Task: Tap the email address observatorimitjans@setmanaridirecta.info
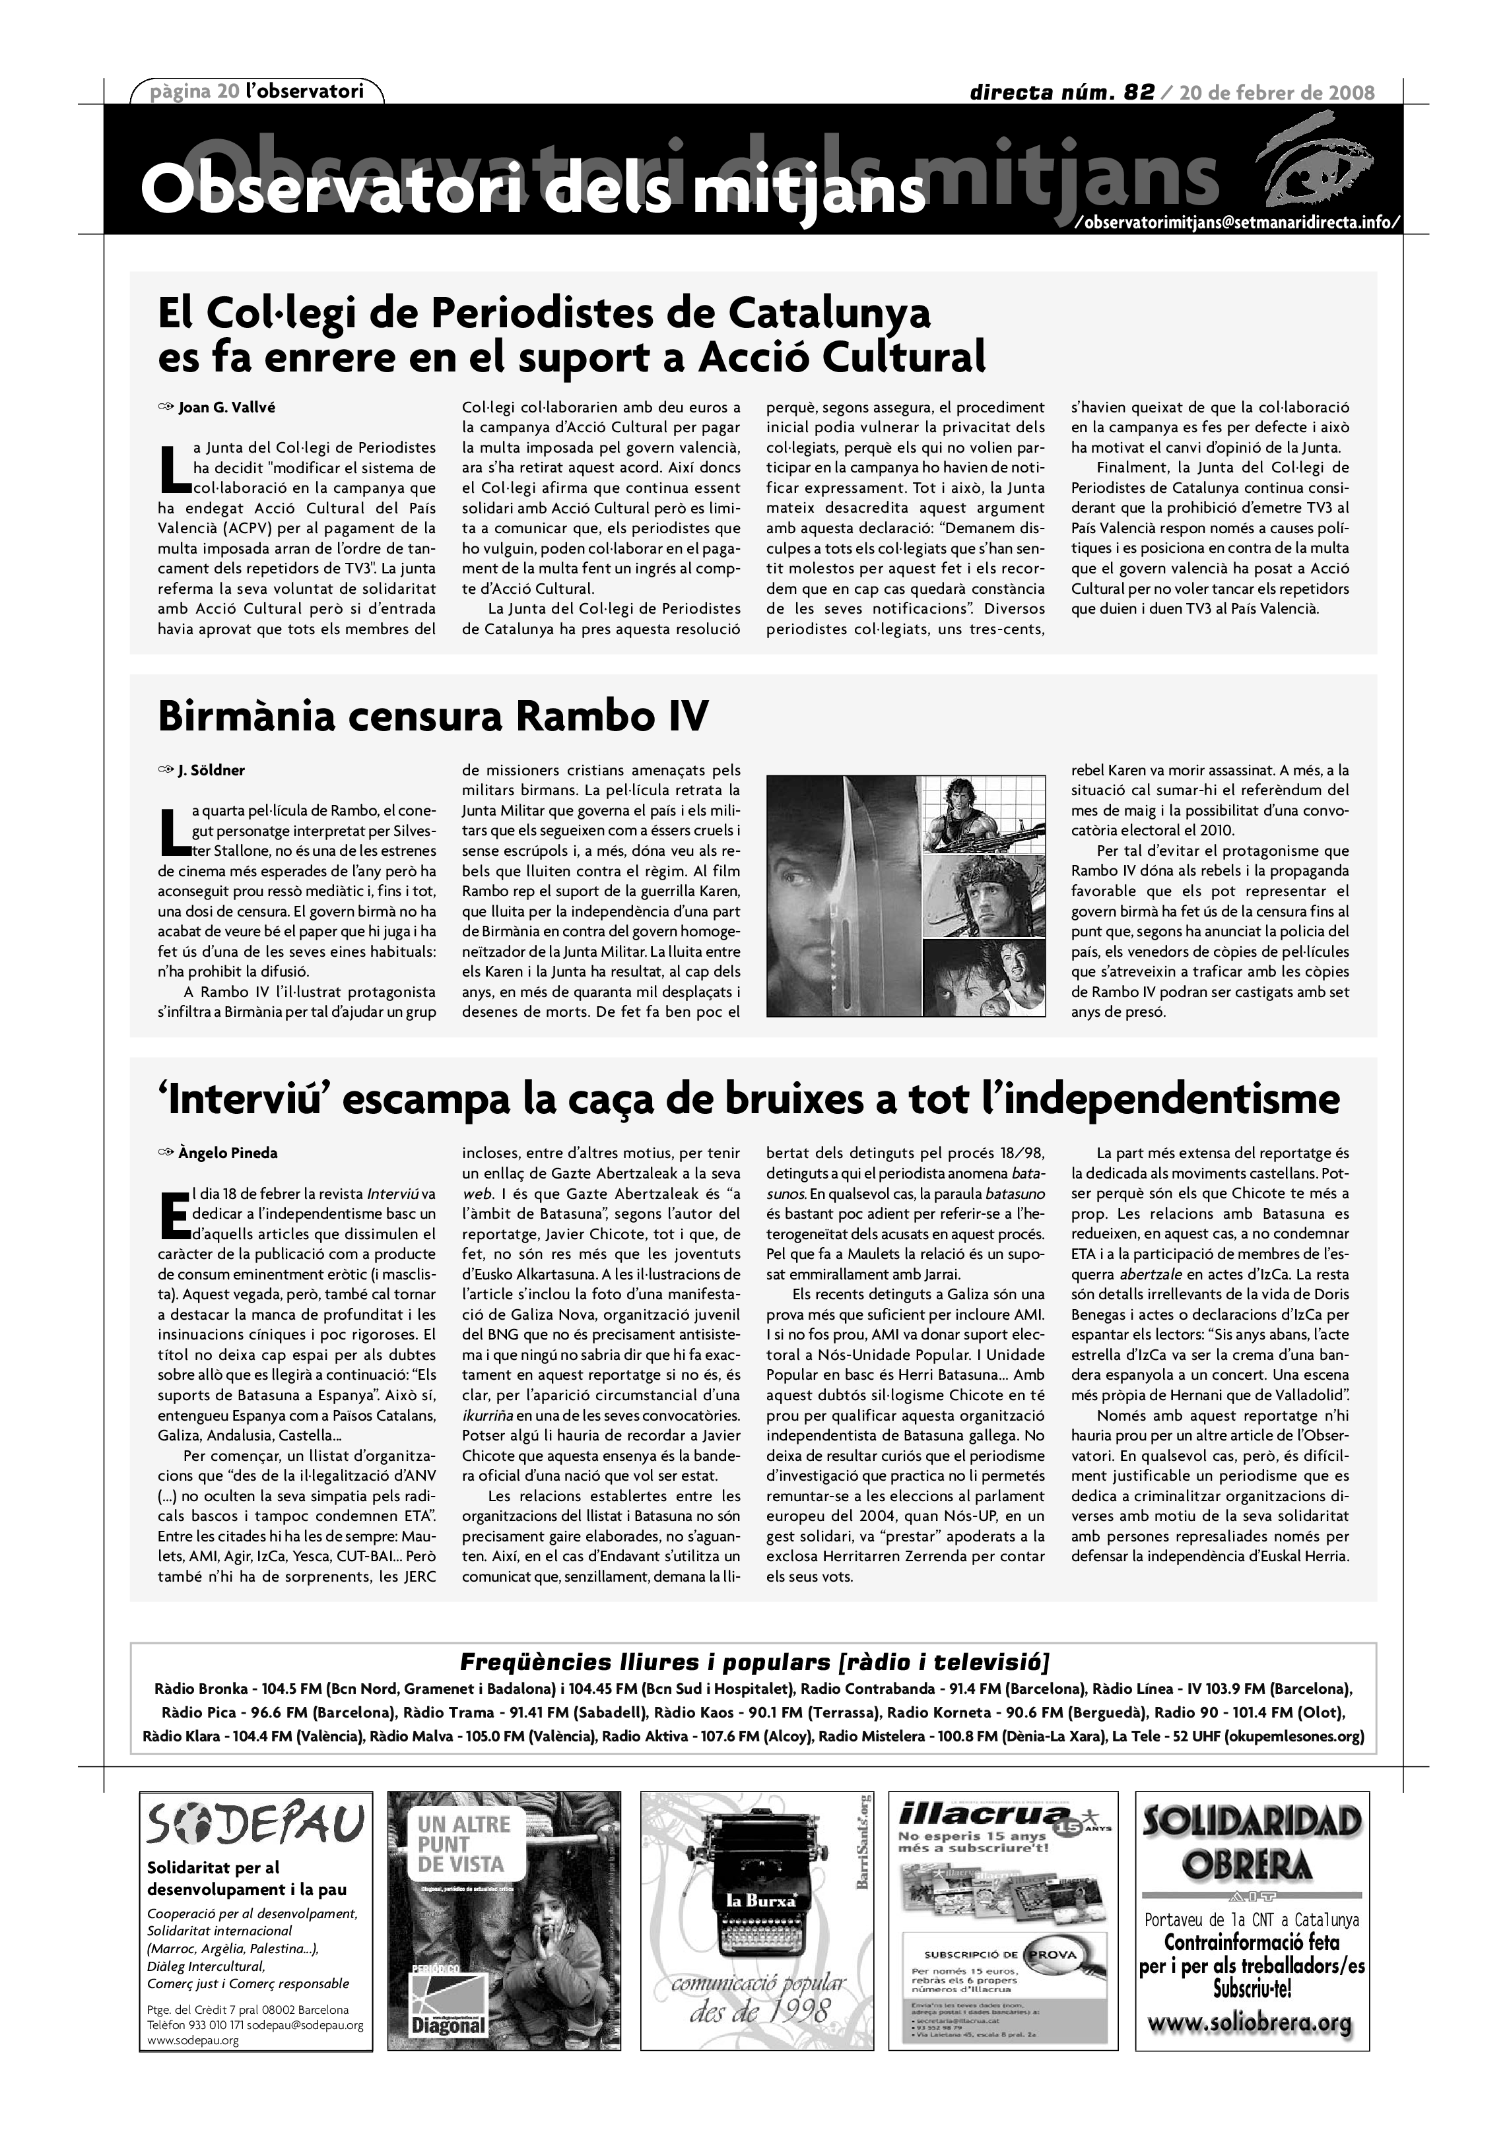pos(1234,224)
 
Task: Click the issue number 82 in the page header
pos(1139,92)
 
